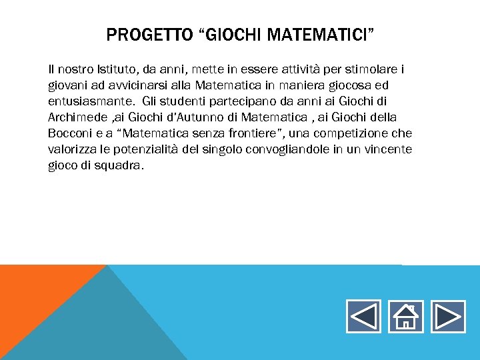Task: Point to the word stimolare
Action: (x=376, y=69)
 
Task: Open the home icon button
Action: (x=405, y=317)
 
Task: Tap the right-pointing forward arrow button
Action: (x=447, y=317)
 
